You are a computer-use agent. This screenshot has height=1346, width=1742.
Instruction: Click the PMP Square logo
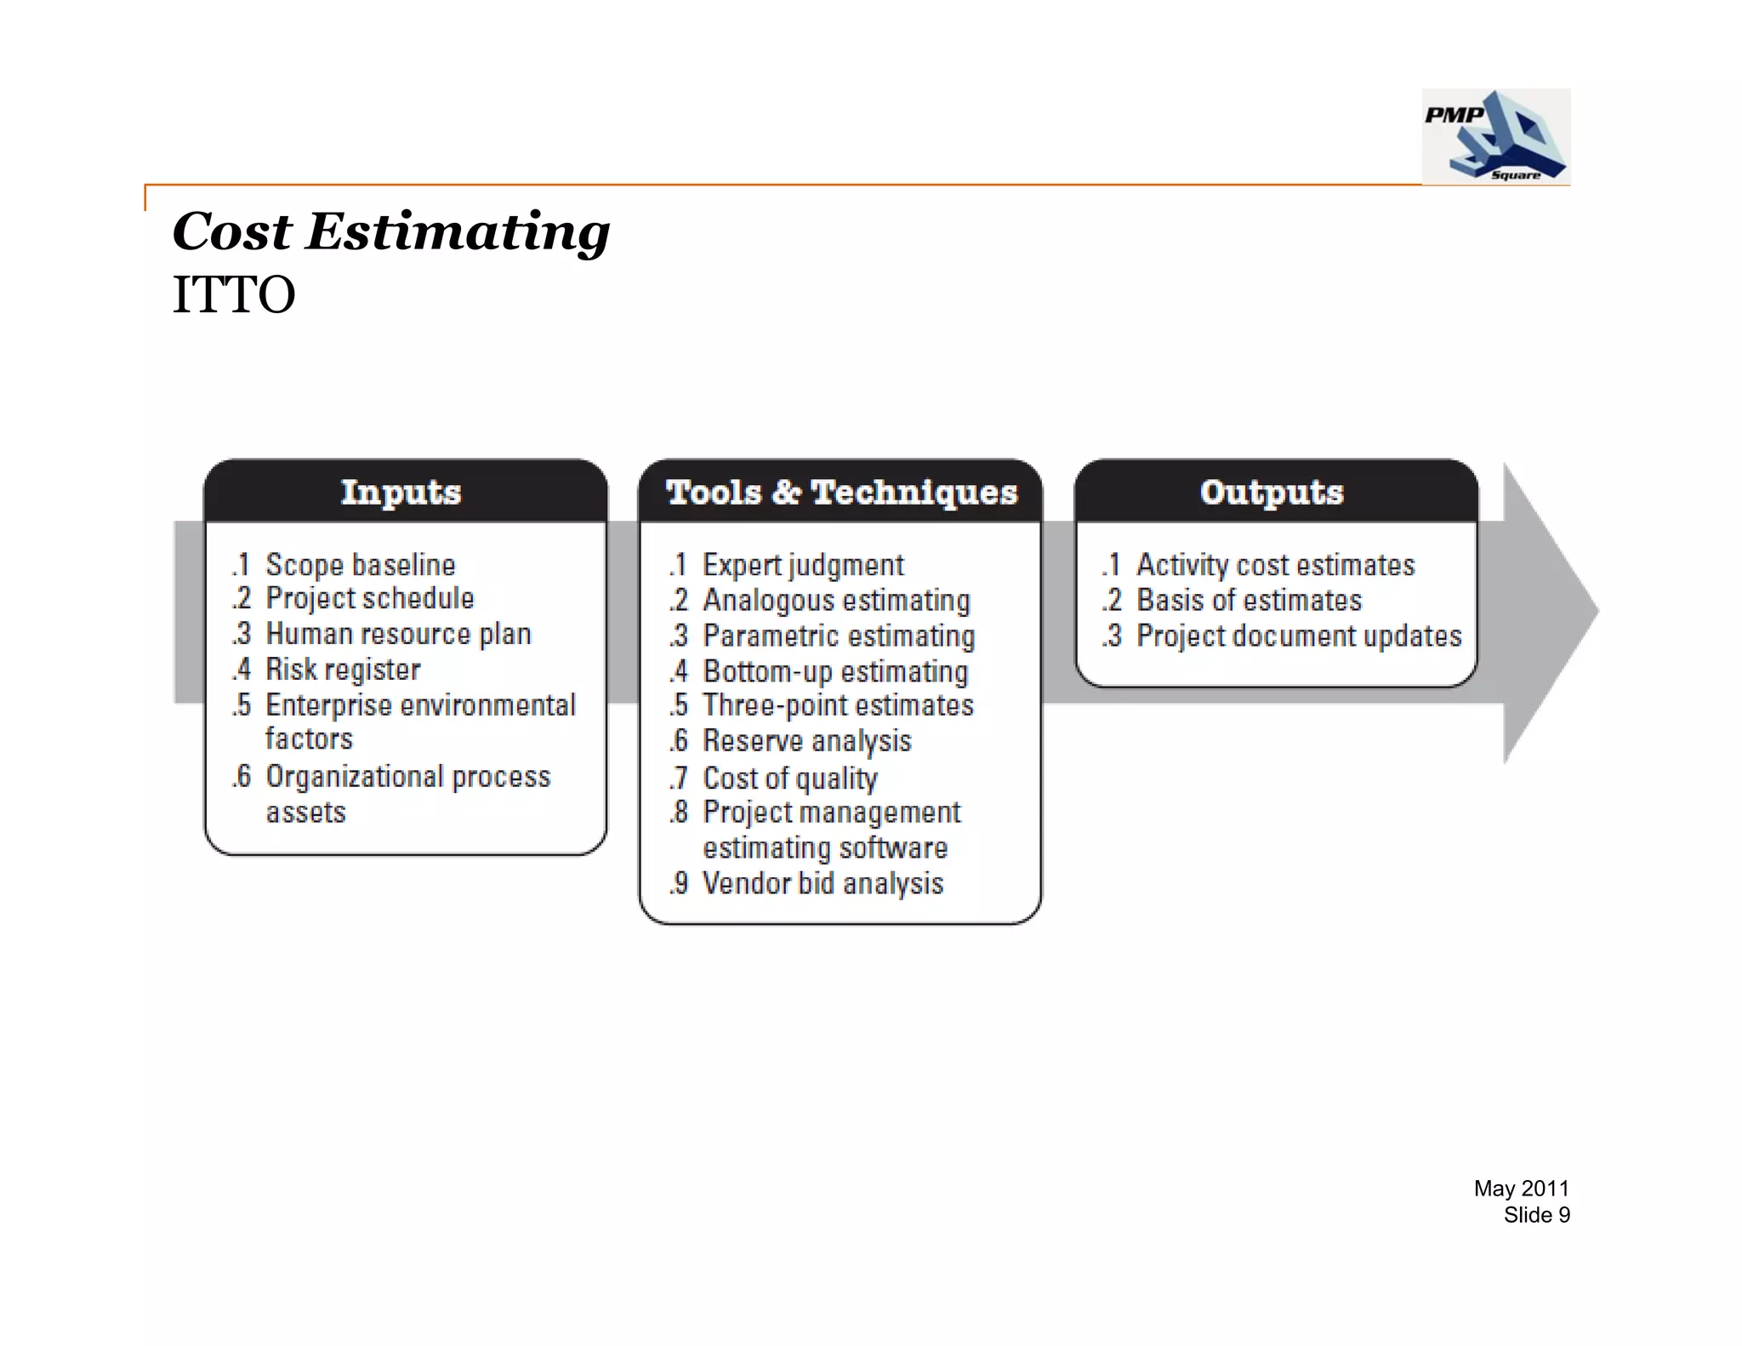(1495, 136)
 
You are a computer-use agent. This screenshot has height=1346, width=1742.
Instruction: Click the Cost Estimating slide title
(391, 231)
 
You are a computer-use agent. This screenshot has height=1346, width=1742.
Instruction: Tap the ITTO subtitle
(234, 295)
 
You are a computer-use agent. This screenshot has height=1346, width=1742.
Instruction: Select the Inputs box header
(401, 492)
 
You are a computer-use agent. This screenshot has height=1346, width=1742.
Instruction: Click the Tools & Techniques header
(841, 492)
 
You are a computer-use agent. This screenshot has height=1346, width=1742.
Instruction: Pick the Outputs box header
(1272, 492)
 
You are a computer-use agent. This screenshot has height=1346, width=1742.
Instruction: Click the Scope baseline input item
(360, 565)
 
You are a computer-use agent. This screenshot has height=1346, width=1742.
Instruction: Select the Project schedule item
(369, 599)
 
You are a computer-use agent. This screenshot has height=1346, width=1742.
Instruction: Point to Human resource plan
(398, 635)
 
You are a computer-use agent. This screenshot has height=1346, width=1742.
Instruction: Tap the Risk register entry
(343, 670)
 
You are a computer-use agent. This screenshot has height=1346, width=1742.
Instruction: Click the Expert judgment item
(803, 565)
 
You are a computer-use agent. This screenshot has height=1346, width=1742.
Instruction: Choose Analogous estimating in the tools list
(836, 601)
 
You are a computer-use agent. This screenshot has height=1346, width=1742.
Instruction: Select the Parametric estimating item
(839, 636)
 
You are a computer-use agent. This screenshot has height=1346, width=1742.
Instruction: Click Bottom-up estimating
(835, 672)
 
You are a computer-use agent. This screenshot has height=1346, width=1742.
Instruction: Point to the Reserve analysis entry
(806, 742)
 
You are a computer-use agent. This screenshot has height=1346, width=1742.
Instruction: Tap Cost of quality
(790, 778)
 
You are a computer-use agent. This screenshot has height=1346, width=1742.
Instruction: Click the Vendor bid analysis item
(823, 884)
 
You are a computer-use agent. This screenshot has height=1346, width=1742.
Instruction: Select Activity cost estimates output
(1275, 565)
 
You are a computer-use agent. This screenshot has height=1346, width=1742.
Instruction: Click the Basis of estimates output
(1249, 601)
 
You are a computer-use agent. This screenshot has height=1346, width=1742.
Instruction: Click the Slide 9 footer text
(1536, 1215)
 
